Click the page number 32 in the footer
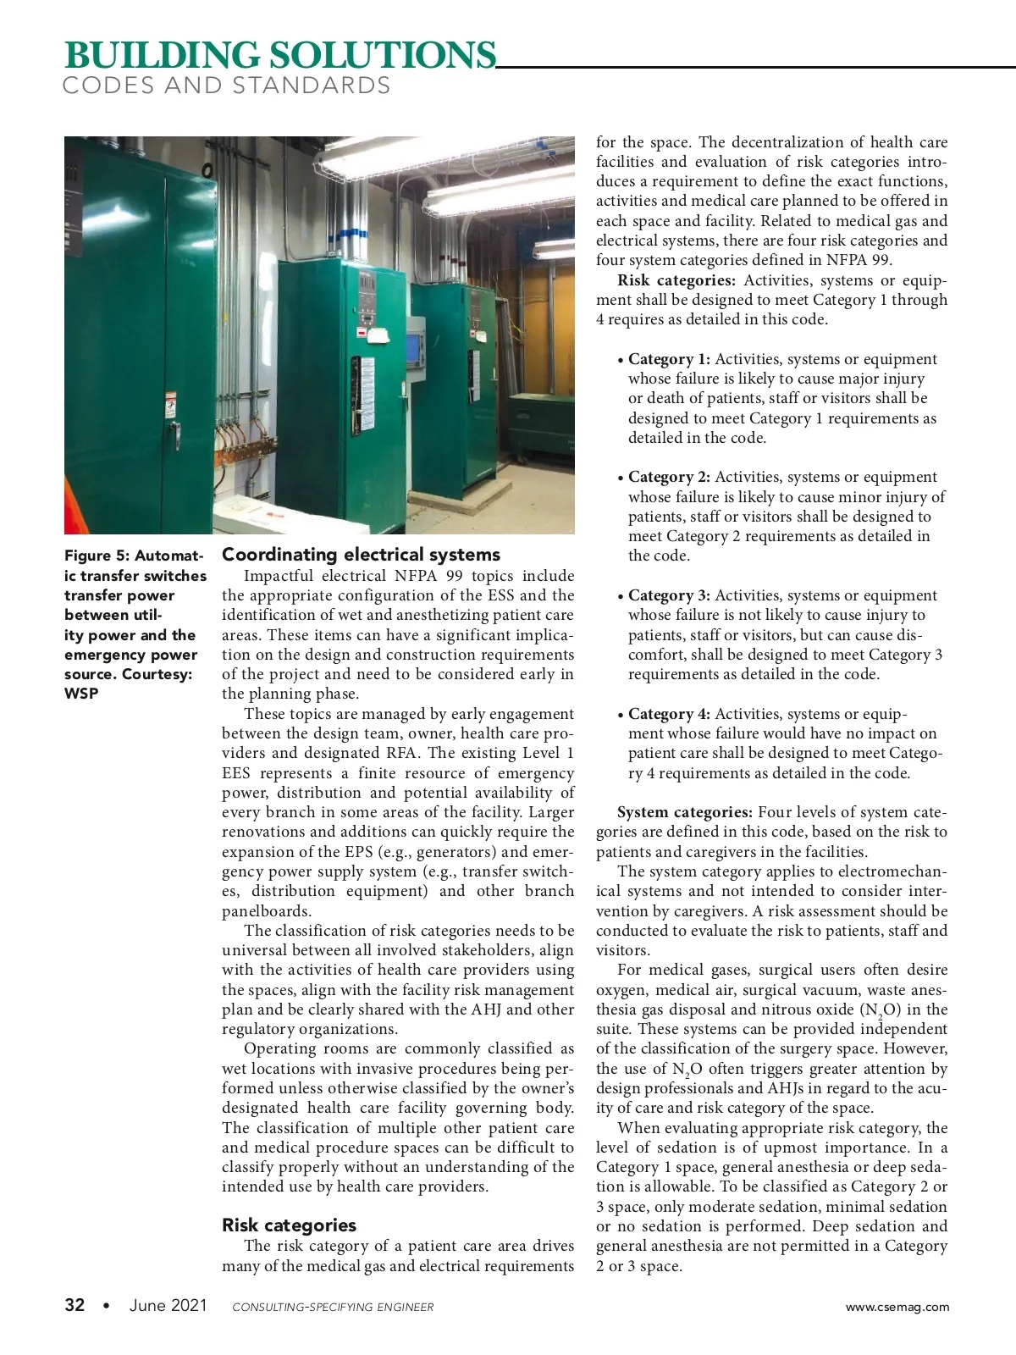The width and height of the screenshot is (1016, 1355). click(x=75, y=1305)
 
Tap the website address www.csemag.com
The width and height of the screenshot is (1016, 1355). click(x=897, y=1307)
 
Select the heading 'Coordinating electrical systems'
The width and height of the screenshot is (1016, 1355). click(x=361, y=555)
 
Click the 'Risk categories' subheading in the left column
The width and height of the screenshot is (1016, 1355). click(x=289, y=1225)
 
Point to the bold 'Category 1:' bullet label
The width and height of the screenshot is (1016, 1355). click(x=669, y=359)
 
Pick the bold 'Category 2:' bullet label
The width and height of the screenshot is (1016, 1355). click(x=669, y=477)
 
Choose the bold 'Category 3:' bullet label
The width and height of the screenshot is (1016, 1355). click(x=669, y=595)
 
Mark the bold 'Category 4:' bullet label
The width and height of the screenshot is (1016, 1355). click(x=669, y=714)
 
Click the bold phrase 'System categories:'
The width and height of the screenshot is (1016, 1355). click(x=685, y=812)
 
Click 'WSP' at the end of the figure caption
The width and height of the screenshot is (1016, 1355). click(x=81, y=694)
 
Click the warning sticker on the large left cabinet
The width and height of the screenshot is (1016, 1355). click(x=170, y=403)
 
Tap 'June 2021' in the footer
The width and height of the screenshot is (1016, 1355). click(x=168, y=1305)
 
